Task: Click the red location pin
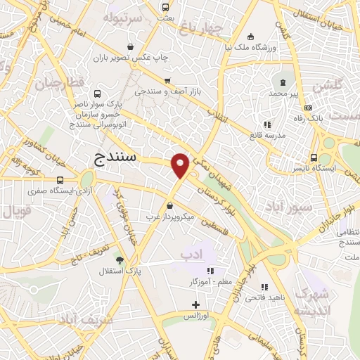pos(180,165)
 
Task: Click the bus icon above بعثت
pos(166,8)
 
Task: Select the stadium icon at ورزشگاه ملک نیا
pos(250,37)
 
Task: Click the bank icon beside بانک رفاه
pos(308,108)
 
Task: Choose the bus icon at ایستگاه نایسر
pos(314,159)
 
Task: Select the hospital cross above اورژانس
pos(195,305)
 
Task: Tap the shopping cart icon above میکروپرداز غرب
pos(172,206)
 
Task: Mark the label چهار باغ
pos(200,29)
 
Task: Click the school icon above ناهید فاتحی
pos(264,287)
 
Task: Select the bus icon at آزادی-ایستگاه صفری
pos(60,179)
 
